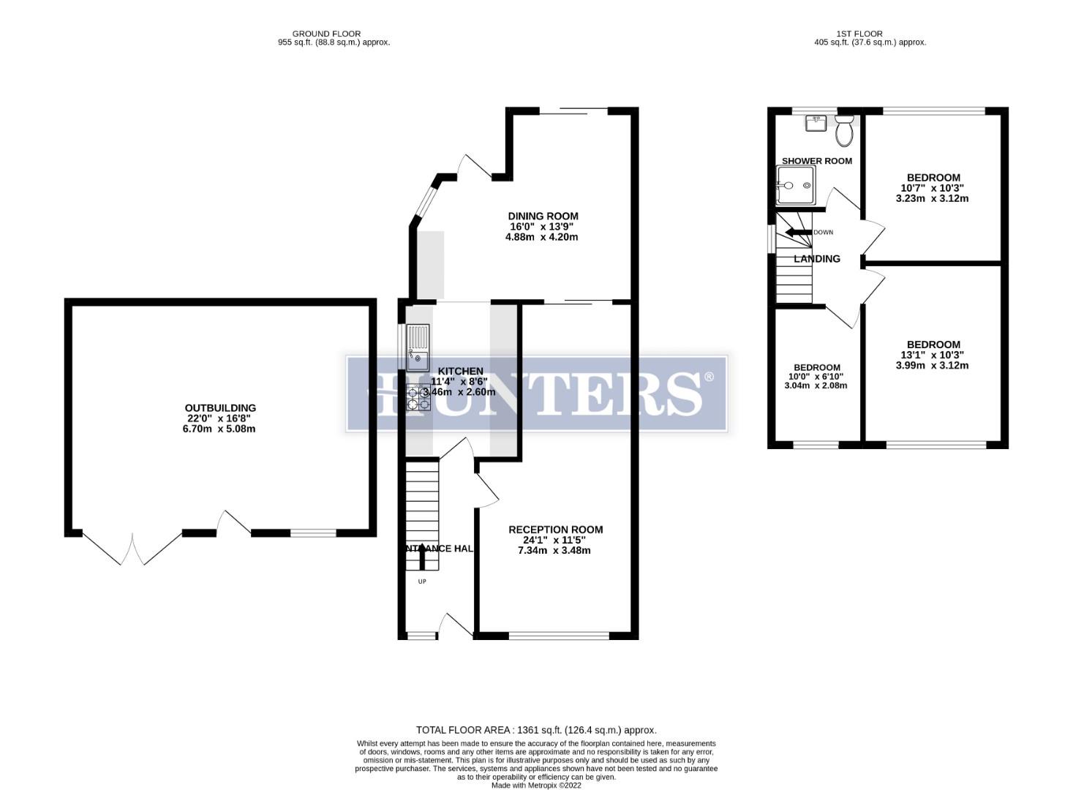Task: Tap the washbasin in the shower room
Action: click(x=816, y=123)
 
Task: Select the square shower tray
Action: click(x=796, y=184)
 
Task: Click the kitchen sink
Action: click(x=418, y=349)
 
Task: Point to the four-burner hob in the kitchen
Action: click(x=418, y=396)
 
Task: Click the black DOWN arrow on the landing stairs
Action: click(x=798, y=233)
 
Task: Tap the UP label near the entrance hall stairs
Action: click(x=422, y=582)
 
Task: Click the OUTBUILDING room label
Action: click(x=220, y=408)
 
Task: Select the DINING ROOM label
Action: click(x=543, y=216)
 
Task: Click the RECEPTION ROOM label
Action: click(x=555, y=530)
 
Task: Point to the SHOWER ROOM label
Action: click(x=816, y=161)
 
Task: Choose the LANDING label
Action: click(x=816, y=259)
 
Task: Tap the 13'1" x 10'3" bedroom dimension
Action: click(x=933, y=355)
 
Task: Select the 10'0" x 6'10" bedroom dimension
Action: click(x=817, y=377)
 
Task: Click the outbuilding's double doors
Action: click(x=132, y=549)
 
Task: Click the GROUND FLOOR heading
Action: click(x=326, y=34)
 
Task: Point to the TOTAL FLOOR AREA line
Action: click(x=536, y=730)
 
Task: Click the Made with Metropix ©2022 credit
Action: click(x=536, y=785)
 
